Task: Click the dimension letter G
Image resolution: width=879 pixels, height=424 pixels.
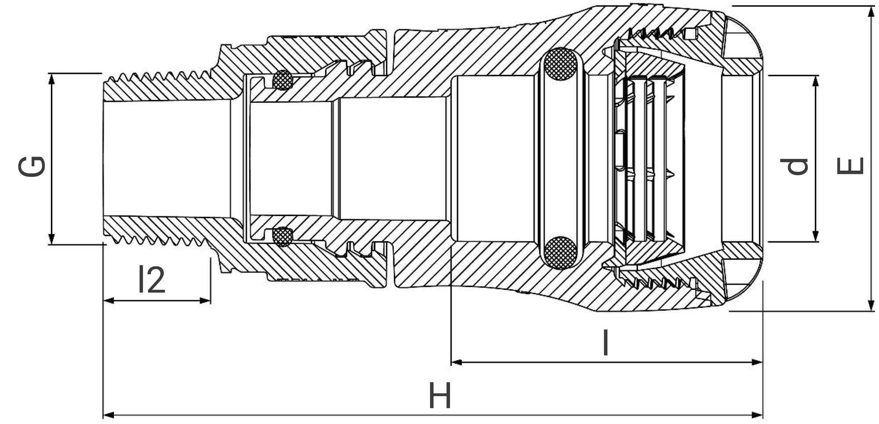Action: pos(32,166)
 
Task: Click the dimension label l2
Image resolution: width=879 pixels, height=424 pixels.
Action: pos(151,280)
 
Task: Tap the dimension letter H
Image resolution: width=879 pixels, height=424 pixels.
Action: pos(440,396)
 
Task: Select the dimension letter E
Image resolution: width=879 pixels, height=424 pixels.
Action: pos(850,166)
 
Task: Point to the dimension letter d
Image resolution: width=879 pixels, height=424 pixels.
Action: pos(795,166)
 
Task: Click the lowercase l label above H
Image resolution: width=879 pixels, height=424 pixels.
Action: pos(606,343)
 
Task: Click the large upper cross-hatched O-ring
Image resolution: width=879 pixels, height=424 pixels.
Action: pos(561,64)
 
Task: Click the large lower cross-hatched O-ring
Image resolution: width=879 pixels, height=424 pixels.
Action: pos(561,253)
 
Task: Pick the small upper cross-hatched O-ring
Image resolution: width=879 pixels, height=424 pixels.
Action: pos(283,80)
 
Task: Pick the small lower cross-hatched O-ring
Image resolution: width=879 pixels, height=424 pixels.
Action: pos(283,237)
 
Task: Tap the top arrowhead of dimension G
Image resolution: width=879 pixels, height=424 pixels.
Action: pos(51,78)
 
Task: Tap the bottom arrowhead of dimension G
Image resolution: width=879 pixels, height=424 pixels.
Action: pos(51,239)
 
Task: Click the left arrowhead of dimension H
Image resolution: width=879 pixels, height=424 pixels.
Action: pos(108,415)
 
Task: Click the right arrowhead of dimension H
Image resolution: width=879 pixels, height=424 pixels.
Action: pos(758,415)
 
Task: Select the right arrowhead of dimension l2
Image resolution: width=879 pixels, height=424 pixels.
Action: pos(206,301)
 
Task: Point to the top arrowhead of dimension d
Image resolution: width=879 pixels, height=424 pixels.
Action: pos(816,80)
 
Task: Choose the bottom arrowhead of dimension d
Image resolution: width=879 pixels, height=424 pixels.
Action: pos(816,237)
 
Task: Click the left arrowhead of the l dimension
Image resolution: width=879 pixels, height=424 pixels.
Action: pos(457,362)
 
